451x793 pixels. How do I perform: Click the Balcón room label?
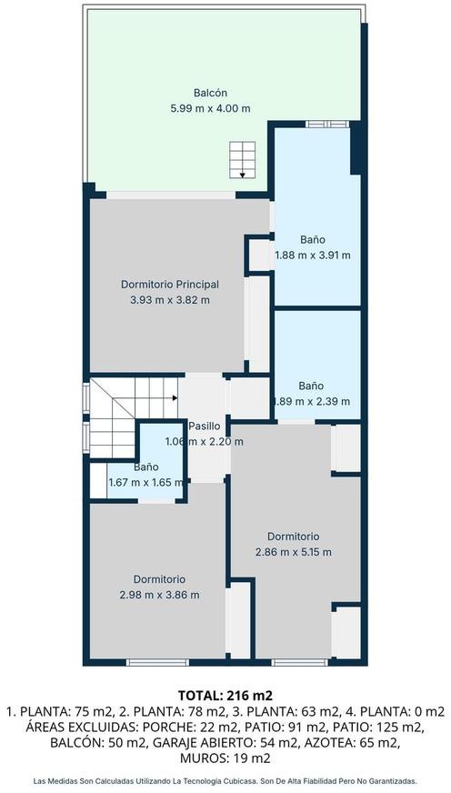(x=210, y=93)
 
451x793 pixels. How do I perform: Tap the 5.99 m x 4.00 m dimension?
(x=210, y=108)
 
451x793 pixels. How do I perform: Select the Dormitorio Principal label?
(x=170, y=285)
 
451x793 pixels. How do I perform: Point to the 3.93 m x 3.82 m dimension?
(x=170, y=300)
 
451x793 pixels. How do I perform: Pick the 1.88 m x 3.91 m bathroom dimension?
(x=313, y=255)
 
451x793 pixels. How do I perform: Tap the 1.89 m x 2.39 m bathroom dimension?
(x=312, y=402)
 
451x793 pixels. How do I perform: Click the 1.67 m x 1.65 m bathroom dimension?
(x=146, y=483)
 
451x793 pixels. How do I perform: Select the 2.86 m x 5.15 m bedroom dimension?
(x=294, y=552)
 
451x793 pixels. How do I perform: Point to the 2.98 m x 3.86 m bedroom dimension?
(x=160, y=595)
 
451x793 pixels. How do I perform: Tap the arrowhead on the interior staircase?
(x=175, y=398)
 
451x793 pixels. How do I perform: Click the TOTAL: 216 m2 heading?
(x=225, y=695)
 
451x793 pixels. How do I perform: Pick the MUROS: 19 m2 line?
(x=225, y=758)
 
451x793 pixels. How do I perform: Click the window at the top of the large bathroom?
(x=327, y=124)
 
